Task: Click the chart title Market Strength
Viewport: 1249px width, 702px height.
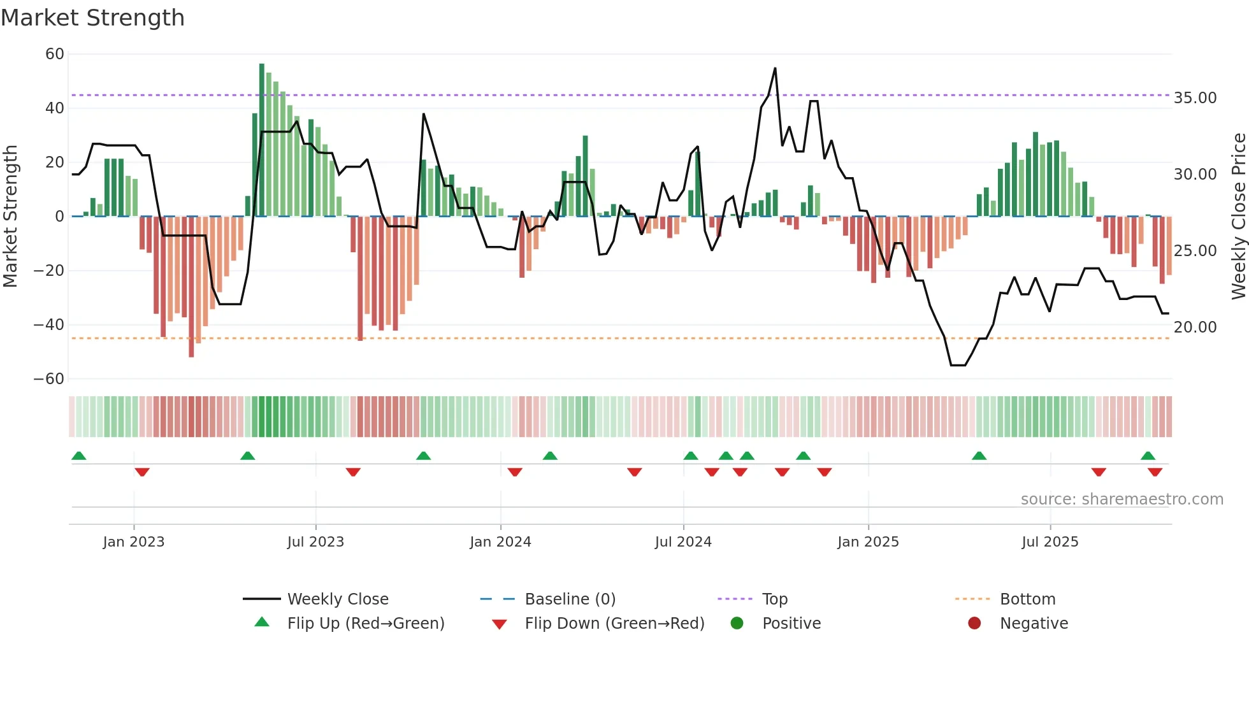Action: click(x=92, y=18)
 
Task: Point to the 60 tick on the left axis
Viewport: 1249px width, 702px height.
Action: click(x=55, y=54)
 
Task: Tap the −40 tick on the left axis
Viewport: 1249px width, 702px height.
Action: click(x=49, y=325)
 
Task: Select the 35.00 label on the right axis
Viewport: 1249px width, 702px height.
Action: click(x=1195, y=98)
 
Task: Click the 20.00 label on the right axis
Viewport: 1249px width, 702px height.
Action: click(x=1195, y=327)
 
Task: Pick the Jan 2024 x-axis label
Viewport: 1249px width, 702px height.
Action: click(x=500, y=542)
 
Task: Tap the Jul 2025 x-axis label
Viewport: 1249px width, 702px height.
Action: click(x=1050, y=542)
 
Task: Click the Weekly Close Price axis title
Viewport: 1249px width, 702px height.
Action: click(x=1238, y=217)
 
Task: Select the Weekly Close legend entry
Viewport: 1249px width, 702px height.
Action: click(x=337, y=599)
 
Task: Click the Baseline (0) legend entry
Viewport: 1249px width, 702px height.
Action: click(x=570, y=599)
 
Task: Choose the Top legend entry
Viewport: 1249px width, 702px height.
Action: click(x=774, y=599)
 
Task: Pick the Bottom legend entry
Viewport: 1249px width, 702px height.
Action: click(x=1027, y=599)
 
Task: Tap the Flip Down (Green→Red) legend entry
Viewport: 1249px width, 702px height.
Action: click(x=614, y=624)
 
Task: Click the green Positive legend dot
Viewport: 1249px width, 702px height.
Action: click(x=737, y=624)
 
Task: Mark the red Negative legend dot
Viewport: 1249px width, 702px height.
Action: click(x=974, y=624)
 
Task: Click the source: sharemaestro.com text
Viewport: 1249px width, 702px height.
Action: click(x=1122, y=499)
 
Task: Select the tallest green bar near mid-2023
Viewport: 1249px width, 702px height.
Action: click(x=262, y=140)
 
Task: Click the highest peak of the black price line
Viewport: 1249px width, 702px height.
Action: click(x=775, y=68)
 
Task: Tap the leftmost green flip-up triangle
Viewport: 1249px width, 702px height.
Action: click(x=79, y=456)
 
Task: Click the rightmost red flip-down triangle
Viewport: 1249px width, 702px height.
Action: click(x=1155, y=472)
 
